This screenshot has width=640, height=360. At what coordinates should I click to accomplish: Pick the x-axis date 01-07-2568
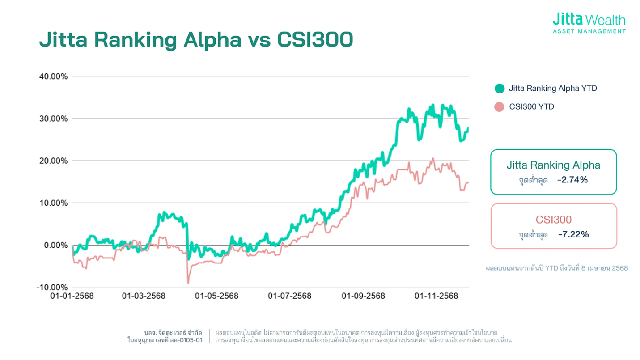click(289, 296)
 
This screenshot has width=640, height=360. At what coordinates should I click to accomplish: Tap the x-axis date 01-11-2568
click(436, 296)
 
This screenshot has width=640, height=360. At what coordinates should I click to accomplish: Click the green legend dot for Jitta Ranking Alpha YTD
click(500, 89)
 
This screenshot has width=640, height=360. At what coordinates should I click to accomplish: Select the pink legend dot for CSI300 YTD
click(500, 107)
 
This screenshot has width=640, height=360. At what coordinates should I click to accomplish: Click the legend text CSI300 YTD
click(532, 107)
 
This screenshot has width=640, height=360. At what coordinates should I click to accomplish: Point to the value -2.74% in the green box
click(572, 180)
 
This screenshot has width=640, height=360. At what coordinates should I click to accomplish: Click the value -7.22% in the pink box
click(573, 234)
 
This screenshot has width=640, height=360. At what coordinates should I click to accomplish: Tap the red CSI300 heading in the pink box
click(553, 219)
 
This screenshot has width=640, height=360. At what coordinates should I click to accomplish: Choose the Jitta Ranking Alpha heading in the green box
click(553, 165)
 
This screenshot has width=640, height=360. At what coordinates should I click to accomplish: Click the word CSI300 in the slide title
click(315, 39)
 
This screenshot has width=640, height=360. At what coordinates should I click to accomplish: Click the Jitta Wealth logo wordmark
click(589, 20)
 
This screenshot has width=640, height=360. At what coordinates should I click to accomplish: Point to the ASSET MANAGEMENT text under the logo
click(589, 31)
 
